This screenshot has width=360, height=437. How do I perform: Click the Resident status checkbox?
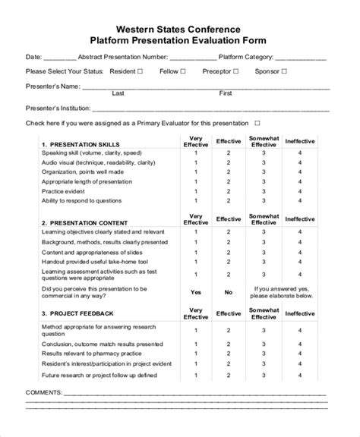click(x=140, y=71)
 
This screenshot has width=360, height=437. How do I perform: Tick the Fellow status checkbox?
click(x=185, y=71)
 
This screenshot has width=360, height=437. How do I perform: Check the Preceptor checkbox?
click(x=235, y=71)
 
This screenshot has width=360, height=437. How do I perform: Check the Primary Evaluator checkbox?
click(x=257, y=122)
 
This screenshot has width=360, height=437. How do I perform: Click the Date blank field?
click(x=60, y=57)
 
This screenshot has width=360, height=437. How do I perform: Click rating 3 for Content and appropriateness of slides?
click(x=264, y=251)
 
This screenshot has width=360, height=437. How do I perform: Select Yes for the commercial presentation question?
click(x=195, y=291)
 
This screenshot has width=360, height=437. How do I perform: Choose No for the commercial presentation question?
click(x=228, y=291)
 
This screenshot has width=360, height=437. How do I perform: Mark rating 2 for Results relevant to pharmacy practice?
click(x=228, y=353)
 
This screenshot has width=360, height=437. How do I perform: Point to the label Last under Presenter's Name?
click(x=118, y=93)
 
